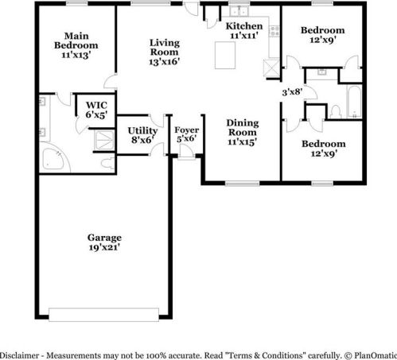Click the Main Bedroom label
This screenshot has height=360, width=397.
pyautogui.click(x=77, y=45)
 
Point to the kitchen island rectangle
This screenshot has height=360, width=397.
pyautogui.click(x=227, y=56)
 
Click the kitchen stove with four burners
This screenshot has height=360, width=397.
pyautogui.click(x=274, y=32)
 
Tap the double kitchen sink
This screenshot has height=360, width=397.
pyautogui.click(x=236, y=13)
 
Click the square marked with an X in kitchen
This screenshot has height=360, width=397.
pyautogui.click(x=273, y=69)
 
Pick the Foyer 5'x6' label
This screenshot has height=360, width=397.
pyautogui.click(x=186, y=134)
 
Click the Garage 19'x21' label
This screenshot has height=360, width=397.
pyautogui.click(x=104, y=242)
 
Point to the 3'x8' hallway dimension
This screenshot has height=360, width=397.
pyautogui.click(x=293, y=92)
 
